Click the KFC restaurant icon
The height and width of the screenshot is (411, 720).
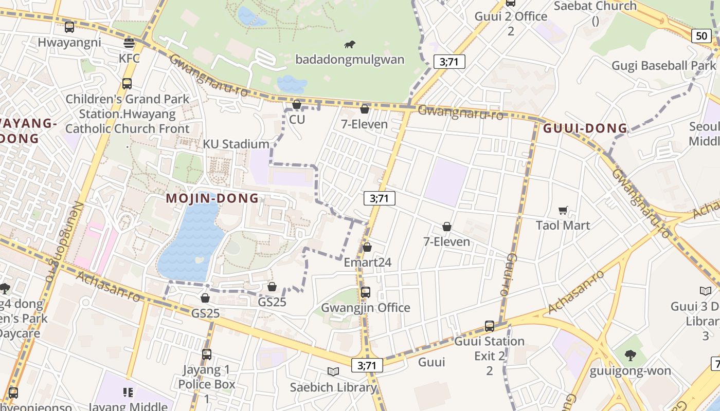click(x=129, y=43)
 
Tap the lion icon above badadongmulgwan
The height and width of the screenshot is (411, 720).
click(x=350, y=45)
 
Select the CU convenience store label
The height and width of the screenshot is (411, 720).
click(x=297, y=120)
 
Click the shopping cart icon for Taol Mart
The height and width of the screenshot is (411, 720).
click(x=563, y=210)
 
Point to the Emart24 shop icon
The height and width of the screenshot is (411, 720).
click(x=367, y=248)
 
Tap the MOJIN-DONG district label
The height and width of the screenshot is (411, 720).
click(x=212, y=198)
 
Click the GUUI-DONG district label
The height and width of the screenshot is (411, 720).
click(x=585, y=128)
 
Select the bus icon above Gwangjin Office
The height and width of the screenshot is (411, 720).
click(x=365, y=292)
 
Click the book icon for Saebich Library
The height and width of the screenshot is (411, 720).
click(x=333, y=371)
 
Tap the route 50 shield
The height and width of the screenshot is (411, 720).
click(x=701, y=35)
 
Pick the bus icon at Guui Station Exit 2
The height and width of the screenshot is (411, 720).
click(x=490, y=326)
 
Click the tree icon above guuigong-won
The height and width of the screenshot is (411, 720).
click(x=630, y=356)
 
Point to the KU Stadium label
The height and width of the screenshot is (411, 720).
click(x=236, y=144)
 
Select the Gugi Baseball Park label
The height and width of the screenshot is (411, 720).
click(x=663, y=66)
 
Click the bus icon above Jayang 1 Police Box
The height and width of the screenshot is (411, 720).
click(x=207, y=354)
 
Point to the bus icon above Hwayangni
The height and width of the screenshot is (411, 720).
click(x=69, y=27)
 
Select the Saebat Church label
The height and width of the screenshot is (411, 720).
click(x=595, y=6)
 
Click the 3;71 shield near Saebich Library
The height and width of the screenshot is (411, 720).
click(x=367, y=365)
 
